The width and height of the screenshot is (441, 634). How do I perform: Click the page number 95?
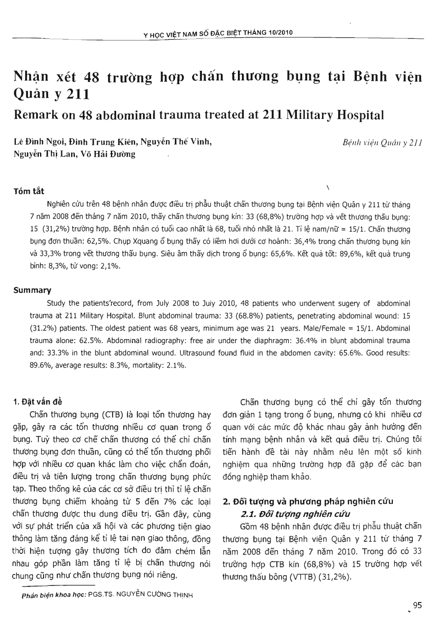coord(418,605)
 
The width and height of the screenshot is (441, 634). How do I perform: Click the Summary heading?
coord(32,290)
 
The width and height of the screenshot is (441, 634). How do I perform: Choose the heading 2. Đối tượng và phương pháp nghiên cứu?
coord(308,502)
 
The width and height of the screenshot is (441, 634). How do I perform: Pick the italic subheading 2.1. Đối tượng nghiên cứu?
coord(295,514)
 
